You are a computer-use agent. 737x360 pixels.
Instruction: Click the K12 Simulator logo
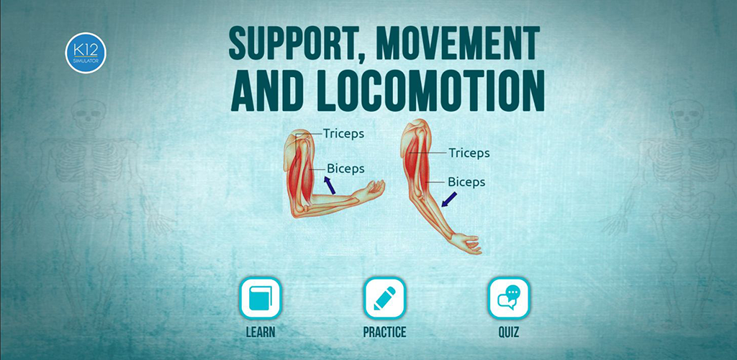(x=86, y=53)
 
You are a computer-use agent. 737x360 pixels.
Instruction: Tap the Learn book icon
(x=261, y=298)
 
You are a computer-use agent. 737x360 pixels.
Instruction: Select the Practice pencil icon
(x=384, y=298)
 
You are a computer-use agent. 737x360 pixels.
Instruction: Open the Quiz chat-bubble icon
(x=509, y=298)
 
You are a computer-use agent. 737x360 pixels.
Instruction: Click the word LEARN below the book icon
(x=261, y=332)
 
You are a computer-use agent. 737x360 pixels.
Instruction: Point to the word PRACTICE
(x=384, y=332)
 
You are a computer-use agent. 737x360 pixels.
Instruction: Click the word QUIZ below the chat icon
(x=509, y=332)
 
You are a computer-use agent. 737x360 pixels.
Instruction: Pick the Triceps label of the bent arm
(x=343, y=133)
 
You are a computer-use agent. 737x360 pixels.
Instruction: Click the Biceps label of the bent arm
(x=345, y=168)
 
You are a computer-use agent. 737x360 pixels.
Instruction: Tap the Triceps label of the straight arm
(x=469, y=153)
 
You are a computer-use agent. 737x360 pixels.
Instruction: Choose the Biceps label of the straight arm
(x=466, y=182)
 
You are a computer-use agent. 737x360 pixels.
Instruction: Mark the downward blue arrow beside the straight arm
(x=448, y=199)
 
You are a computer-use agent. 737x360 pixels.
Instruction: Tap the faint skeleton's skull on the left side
(x=88, y=114)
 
